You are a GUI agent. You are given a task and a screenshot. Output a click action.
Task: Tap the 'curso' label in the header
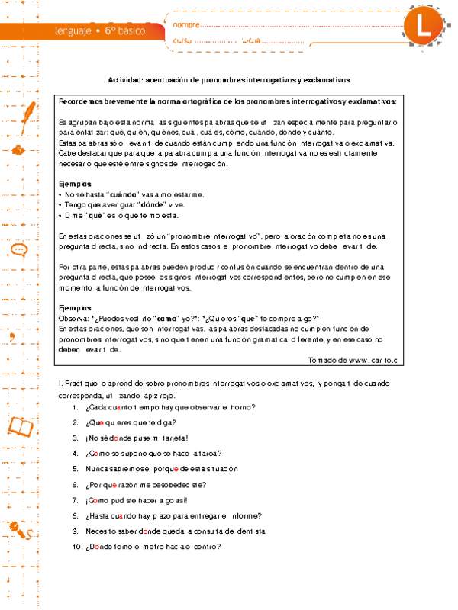(x=182, y=40)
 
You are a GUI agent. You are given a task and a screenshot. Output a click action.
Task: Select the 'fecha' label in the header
(x=250, y=40)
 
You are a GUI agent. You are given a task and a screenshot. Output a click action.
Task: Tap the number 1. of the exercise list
(x=76, y=407)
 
